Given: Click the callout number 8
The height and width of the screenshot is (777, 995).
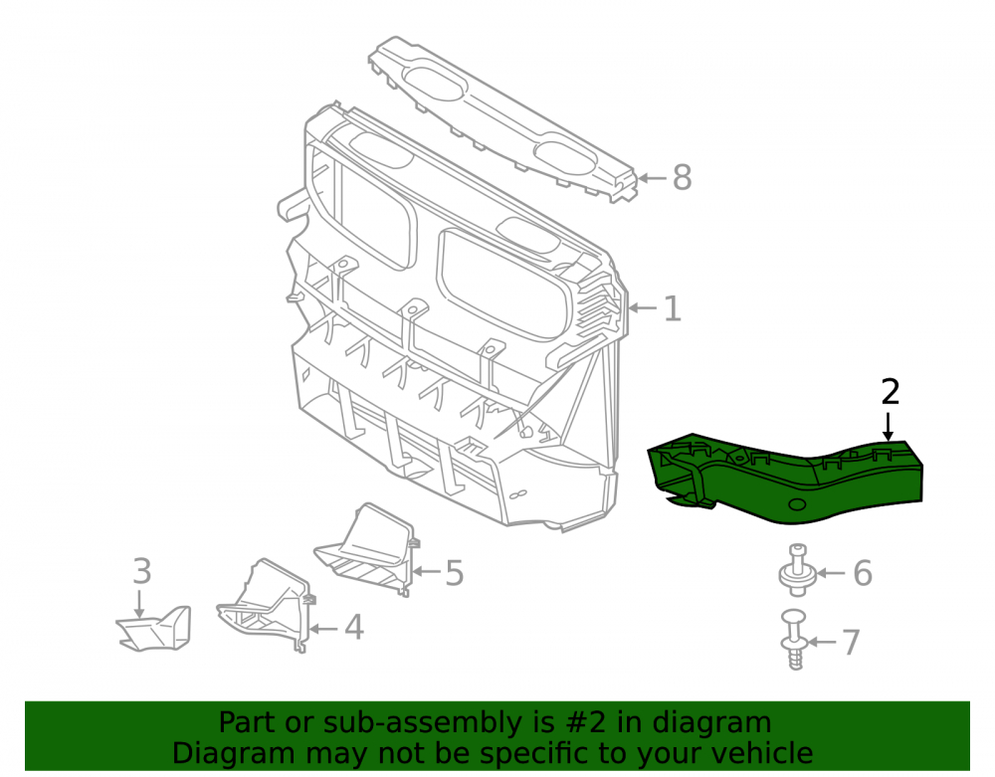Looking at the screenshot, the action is click(682, 177).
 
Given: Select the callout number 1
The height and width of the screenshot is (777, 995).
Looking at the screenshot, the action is click(672, 308).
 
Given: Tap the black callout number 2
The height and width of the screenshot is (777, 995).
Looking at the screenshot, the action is click(891, 392).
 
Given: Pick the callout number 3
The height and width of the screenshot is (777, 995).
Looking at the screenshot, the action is click(142, 571).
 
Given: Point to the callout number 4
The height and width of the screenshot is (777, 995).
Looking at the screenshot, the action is click(353, 628).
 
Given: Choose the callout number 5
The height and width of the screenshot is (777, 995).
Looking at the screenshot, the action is click(455, 573).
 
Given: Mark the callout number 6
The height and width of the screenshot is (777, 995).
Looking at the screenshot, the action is click(863, 573).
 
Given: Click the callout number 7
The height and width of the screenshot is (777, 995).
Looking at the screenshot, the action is click(851, 642).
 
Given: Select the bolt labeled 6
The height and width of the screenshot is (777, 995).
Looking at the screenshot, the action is click(797, 570).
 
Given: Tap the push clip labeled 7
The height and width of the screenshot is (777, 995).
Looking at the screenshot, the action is click(795, 640).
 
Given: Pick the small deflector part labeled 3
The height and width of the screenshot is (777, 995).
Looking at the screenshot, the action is click(154, 629).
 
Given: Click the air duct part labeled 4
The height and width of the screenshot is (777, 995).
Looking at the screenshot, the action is click(266, 606).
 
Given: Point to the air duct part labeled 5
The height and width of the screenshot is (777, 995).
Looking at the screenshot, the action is click(366, 549).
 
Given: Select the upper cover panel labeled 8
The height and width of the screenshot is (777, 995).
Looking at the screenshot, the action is click(502, 118).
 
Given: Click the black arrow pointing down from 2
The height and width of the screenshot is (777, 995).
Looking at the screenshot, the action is click(889, 426).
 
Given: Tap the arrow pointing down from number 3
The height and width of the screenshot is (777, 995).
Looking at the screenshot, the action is click(139, 603).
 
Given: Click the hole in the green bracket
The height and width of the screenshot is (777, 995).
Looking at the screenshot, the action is click(796, 504).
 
